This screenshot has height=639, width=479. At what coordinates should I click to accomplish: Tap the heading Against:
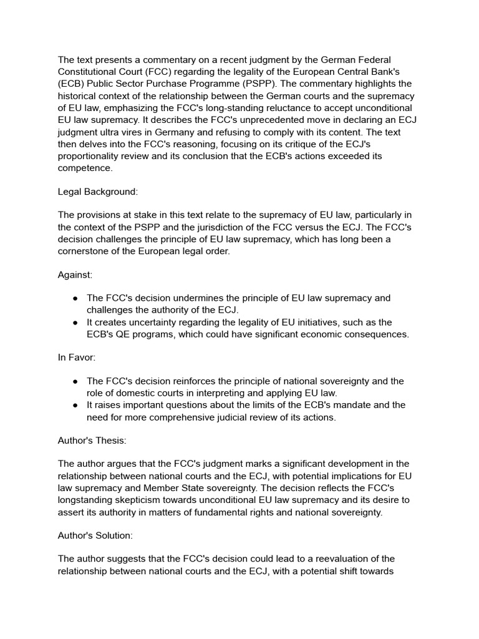(x=75, y=275)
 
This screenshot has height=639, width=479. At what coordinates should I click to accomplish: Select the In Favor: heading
(x=77, y=358)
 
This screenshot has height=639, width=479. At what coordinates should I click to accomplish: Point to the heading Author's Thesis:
(x=92, y=441)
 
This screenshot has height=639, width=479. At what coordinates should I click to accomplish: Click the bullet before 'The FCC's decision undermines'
(x=75, y=298)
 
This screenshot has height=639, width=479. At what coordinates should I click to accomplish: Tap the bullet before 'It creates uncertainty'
(x=75, y=322)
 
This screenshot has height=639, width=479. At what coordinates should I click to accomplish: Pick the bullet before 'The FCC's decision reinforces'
(x=75, y=381)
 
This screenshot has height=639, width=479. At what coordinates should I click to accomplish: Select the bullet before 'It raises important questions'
(x=75, y=405)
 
